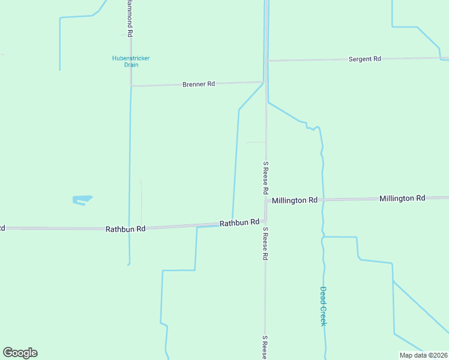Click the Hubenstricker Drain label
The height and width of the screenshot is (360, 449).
coord(131,61)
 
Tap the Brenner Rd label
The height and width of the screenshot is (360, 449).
coord(199,85)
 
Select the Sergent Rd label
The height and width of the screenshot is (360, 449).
coord(365,59)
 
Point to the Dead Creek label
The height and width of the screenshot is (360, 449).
coord(323,306)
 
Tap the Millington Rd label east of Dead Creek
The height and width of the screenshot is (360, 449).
coord(402,198)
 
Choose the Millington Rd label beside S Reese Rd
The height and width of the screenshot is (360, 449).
coord(294,200)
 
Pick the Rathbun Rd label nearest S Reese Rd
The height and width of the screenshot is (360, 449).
coord(239,223)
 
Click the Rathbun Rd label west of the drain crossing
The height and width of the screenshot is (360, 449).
coord(125,229)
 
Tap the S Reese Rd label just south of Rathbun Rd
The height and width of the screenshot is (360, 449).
coord(264,244)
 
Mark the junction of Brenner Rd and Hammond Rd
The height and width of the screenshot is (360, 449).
coord(131,86)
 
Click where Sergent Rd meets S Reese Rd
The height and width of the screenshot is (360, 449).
coord(266,61)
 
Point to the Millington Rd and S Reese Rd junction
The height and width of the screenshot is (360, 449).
coord(266,201)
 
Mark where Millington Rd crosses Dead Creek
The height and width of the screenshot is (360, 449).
coord(323,199)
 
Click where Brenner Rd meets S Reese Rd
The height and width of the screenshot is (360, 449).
coord(264,82)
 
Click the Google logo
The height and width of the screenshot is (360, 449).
coord(20,353)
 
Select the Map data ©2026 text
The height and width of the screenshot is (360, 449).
coord(423,355)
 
